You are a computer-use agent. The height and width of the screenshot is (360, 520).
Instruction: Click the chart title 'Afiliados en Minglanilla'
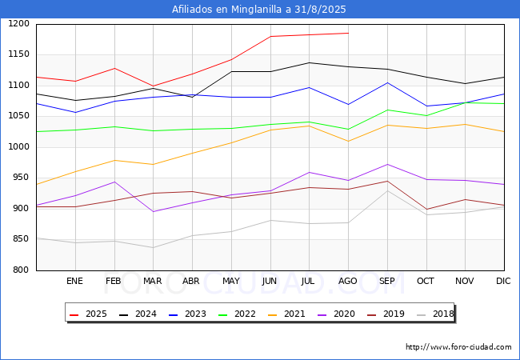tap(259, 10)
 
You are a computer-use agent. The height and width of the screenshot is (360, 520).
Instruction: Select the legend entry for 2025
tap(89, 314)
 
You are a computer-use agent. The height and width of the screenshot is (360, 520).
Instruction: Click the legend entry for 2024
tap(138, 314)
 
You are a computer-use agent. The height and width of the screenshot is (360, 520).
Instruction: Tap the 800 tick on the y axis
tap(22, 270)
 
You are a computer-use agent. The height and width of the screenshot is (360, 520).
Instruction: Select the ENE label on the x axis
tap(74, 281)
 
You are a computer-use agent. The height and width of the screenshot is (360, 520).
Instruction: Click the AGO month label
tap(348, 281)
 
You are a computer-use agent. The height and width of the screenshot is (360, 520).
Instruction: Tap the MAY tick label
tap(230, 281)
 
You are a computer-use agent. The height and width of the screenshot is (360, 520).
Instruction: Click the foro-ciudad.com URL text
tap(458, 347)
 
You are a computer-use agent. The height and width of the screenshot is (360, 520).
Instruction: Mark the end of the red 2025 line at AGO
tap(348, 34)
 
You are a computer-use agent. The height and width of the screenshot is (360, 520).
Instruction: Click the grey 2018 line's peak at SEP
tap(387, 190)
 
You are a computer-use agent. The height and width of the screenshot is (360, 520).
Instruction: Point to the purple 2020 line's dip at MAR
tap(153, 212)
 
